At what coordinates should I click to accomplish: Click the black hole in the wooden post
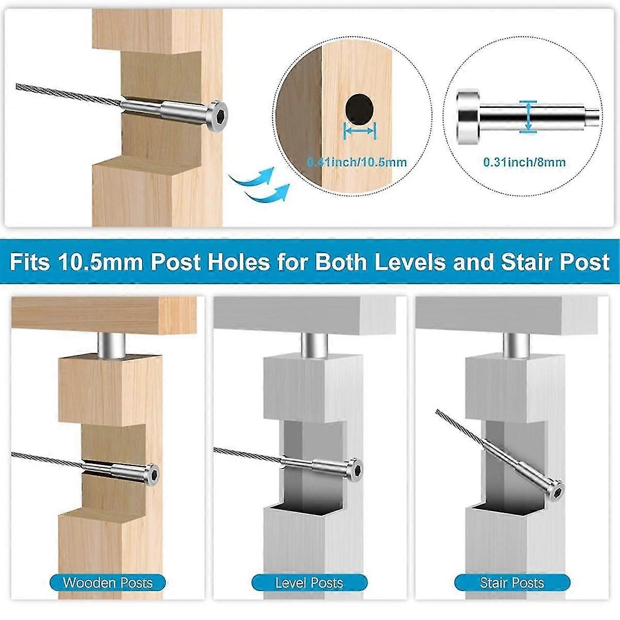(360, 110)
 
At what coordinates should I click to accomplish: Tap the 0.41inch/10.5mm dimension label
(357, 162)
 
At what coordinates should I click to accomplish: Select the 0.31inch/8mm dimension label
(524, 162)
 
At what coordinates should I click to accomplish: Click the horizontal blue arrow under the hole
(360, 131)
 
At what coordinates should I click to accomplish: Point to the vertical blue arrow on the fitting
(528, 116)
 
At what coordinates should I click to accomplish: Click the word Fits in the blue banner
(30, 262)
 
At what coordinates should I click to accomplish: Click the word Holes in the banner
(239, 262)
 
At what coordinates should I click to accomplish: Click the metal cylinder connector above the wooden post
(111, 345)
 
